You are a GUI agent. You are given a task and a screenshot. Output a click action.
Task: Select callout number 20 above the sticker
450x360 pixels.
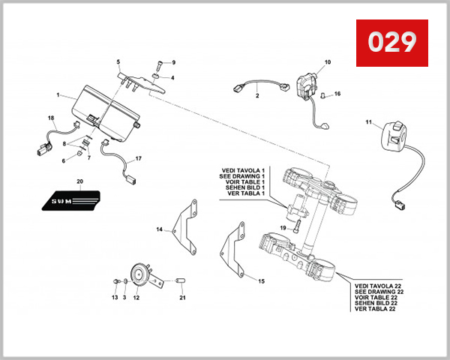(x=80, y=182)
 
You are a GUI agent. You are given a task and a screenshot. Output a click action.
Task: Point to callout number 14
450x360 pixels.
(x=159, y=229)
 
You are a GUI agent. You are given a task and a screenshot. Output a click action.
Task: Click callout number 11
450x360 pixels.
(x=368, y=121)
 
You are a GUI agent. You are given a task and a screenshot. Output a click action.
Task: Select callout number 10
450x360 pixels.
(x=327, y=61)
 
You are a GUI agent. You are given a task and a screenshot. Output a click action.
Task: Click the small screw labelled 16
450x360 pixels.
(x=324, y=96)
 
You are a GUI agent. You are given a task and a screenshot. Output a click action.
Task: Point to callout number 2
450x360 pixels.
(x=256, y=96)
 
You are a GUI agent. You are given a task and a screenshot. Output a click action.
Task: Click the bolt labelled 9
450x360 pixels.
(x=160, y=66)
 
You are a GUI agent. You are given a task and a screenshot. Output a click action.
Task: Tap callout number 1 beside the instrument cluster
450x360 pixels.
(x=58, y=95)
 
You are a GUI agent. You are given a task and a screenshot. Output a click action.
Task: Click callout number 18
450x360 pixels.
(x=51, y=118)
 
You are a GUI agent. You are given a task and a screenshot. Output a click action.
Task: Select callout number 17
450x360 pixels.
(x=138, y=160)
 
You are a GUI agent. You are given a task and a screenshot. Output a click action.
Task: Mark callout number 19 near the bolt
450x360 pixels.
(x=283, y=227)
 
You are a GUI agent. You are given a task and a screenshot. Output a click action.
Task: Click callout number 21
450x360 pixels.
(x=181, y=298)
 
